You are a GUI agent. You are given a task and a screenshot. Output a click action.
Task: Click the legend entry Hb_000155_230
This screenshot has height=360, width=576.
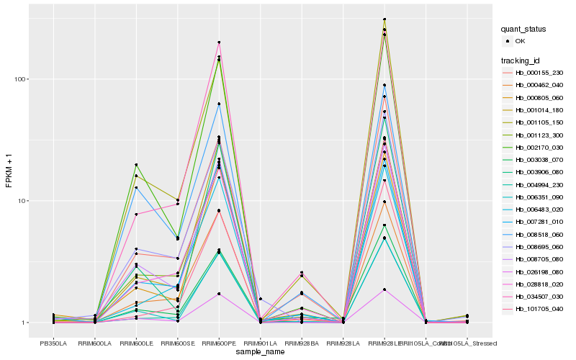coord(532,73)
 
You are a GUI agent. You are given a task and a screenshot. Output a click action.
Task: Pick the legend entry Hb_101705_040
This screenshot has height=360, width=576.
coord(532,308)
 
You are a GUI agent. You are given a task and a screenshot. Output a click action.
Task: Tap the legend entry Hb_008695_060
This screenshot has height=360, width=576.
coord(532,246)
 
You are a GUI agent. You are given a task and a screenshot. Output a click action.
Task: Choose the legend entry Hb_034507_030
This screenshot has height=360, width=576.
coord(532,295)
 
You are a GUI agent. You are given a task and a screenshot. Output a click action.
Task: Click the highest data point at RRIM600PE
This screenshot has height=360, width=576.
coord(219,42)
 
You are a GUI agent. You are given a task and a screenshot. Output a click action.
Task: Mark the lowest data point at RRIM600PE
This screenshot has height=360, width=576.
coord(219,294)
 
